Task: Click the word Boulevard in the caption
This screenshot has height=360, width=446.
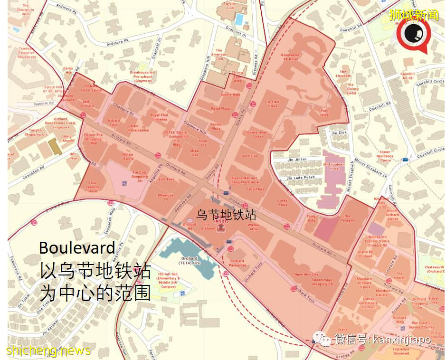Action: click(77, 247)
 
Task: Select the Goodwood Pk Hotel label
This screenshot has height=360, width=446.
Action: click(290, 57)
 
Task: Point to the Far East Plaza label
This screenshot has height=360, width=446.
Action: click(272, 103)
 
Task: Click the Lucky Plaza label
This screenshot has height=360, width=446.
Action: click(283, 202)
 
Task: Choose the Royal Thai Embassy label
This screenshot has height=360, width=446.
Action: click(159, 117)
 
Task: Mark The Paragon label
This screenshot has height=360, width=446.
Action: click(347, 218)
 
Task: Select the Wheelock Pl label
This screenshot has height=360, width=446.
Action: click(166, 197)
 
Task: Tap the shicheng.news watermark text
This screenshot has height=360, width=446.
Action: click(48, 351)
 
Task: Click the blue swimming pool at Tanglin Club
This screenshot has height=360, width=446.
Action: click(239, 19)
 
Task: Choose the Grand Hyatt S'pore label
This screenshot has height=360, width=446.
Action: click(257, 134)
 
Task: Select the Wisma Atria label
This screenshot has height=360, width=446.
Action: click(252, 227)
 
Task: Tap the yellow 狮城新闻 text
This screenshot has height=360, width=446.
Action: click(407, 14)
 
